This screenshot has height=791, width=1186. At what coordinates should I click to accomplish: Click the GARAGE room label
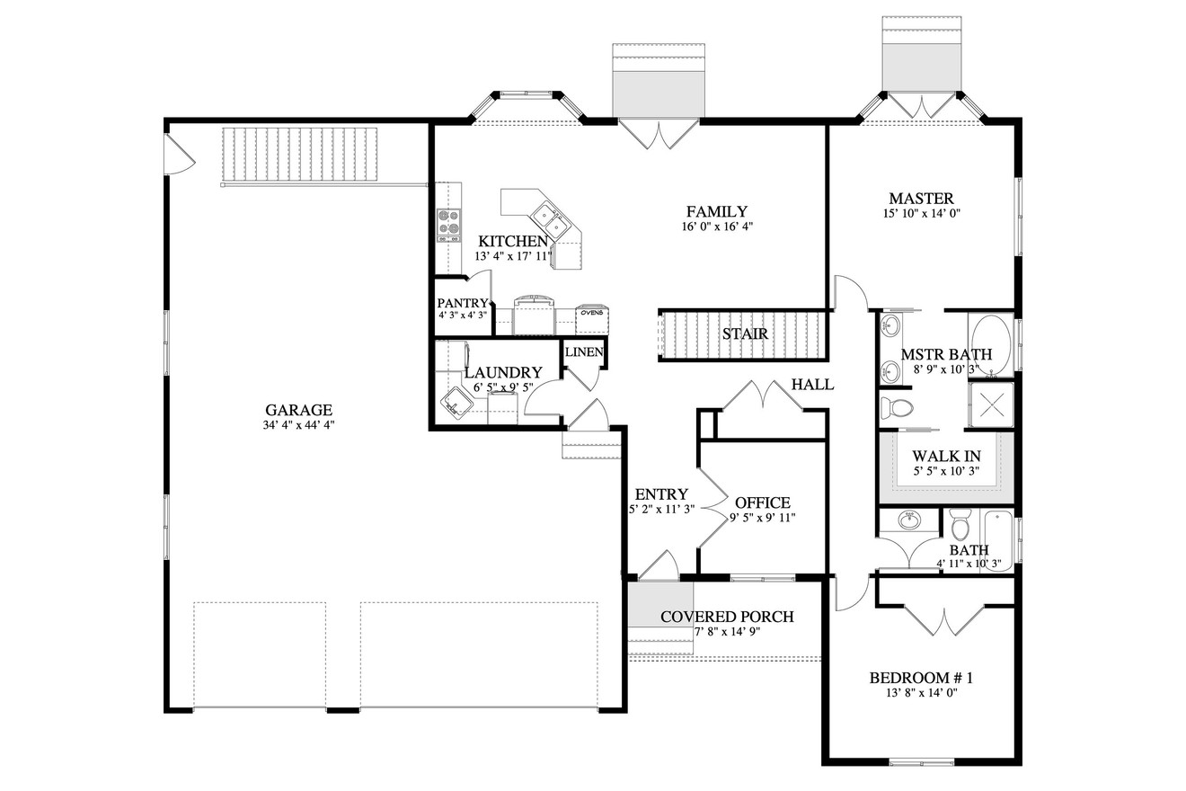(298, 409)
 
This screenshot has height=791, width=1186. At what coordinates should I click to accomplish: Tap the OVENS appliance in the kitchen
(590, 314)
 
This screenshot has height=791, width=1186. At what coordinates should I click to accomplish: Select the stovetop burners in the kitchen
(447, 225)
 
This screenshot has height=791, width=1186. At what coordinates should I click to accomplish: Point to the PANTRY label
(462, 304)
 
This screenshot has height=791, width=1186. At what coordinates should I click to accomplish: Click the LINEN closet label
(584, 351)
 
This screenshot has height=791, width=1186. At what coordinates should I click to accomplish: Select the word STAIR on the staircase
(745, 334)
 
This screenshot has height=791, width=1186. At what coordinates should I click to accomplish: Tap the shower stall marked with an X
(989, 404)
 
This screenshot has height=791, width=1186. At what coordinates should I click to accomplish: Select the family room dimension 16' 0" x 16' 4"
(716, 227)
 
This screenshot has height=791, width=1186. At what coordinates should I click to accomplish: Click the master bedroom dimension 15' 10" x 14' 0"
(921, 214)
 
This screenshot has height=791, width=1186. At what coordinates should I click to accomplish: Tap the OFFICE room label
(762, 502)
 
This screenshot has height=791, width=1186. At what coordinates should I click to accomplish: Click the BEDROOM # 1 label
(921, 678)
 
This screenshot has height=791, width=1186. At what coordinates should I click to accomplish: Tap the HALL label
(812, 385)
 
